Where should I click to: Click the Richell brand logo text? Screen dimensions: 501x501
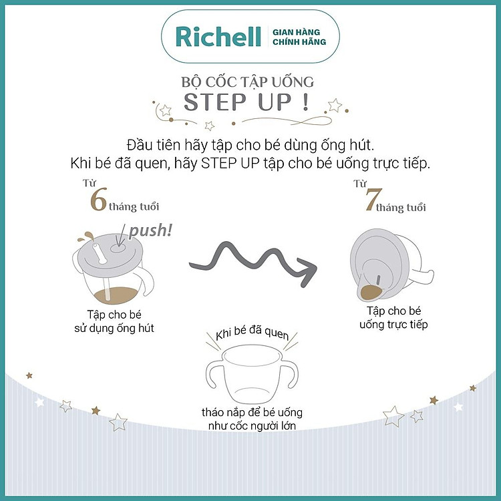point(218,37)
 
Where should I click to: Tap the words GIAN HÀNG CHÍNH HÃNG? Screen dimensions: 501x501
point(299,37)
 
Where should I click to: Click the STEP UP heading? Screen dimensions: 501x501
point(246,102)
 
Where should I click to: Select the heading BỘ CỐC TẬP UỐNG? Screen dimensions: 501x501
point(248,81)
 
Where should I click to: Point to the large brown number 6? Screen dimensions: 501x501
point(98,200)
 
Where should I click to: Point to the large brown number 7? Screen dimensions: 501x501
point(373,199)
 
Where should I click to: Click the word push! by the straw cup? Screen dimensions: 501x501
point(150,230)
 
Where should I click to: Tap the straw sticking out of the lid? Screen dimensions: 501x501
point(100,253)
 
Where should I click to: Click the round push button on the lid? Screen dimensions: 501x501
point(118,248)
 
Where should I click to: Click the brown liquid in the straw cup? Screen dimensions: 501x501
point(116,295)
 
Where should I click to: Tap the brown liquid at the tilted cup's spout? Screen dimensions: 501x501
point(371,292)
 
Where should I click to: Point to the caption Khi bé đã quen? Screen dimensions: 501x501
point(252,333)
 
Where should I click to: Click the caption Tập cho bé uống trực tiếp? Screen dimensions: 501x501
point(393,317)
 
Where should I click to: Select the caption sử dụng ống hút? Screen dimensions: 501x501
point(114,328)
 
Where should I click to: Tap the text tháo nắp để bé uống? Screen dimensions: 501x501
point(252,412)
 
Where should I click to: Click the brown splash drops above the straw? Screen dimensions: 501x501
point(86,236)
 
